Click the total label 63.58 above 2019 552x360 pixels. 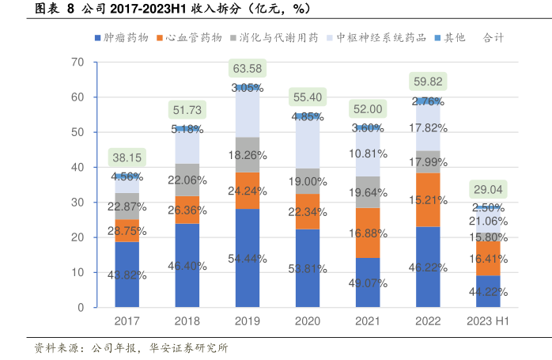coord(248,69)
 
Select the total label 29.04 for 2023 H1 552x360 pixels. coord(488,189)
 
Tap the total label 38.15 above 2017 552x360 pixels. coord(127,157)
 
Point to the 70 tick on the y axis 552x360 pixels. coord(78,62)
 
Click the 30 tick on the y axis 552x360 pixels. coord(78,203)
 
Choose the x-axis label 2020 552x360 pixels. coord(308,322)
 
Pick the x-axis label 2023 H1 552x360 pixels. coord(488,322)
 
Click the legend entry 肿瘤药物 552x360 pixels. coord(125,37)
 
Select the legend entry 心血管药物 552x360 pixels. coord(193,37)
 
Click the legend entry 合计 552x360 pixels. coord(492,37)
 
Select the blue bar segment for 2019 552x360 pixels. coord(248,257)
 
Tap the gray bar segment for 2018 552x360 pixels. coord(187,180)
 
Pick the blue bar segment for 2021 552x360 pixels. coord(368,282)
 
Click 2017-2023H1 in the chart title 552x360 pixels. coord(148,9)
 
